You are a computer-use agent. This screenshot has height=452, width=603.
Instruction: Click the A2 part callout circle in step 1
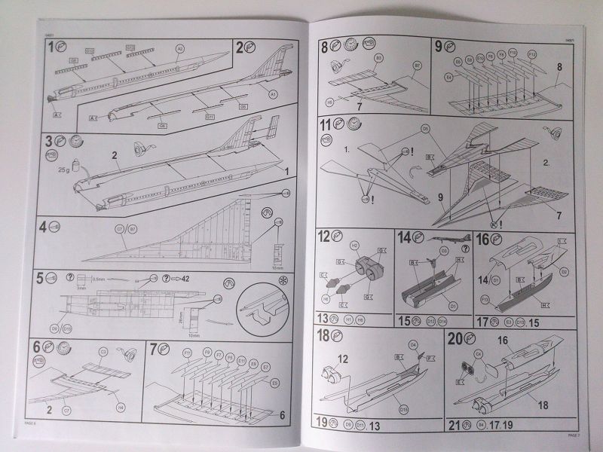tap(180, 49)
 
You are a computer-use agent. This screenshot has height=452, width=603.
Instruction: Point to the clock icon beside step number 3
tap(76, 139)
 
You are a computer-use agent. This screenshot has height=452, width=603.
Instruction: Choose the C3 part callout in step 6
tap(103, 351)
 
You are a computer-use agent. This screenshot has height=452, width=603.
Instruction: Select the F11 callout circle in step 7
tap(186, 352)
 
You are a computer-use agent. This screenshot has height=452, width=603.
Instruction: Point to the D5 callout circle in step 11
tap(425, 129)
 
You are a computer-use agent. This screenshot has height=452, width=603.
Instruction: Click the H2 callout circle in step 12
tap(354, 245)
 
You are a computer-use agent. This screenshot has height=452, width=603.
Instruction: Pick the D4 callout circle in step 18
tap(412, 344)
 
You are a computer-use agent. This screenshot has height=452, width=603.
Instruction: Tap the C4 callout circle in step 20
tap(477, 353)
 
